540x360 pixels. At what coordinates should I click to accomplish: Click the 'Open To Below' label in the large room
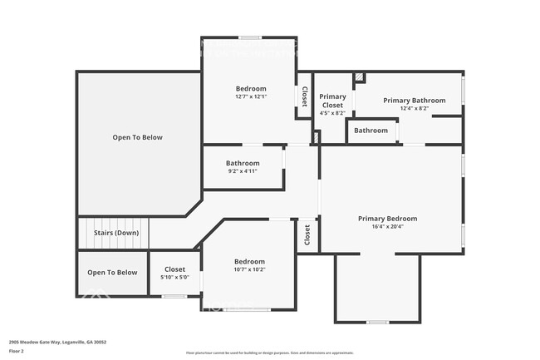[x=138, y=137]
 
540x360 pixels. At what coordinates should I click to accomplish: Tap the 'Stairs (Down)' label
[x=115, y=233]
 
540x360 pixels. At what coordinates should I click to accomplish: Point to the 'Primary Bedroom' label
[x=387, y=219]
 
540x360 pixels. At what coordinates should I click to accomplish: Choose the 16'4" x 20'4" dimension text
[x=387, y=227]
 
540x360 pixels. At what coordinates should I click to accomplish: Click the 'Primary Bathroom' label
[x=414, y=101]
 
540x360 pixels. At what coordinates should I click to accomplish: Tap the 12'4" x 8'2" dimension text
[x=414, y=108]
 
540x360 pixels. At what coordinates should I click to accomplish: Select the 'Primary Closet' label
[x=333, y=101]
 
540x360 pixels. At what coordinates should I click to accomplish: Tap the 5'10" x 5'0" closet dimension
[x=174, y=277]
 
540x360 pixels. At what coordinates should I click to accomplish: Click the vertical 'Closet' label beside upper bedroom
[x=305, y=97]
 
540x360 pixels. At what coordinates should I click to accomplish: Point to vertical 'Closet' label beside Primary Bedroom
[x=307, y=235]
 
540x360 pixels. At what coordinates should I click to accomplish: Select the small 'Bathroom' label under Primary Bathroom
[x=371, y=131]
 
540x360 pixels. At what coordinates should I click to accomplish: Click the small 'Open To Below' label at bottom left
[x=112, y=273]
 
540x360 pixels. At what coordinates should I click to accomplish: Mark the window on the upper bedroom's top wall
[x=250, y=37]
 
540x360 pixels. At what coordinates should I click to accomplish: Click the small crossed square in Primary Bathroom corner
[x=359, y=78]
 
